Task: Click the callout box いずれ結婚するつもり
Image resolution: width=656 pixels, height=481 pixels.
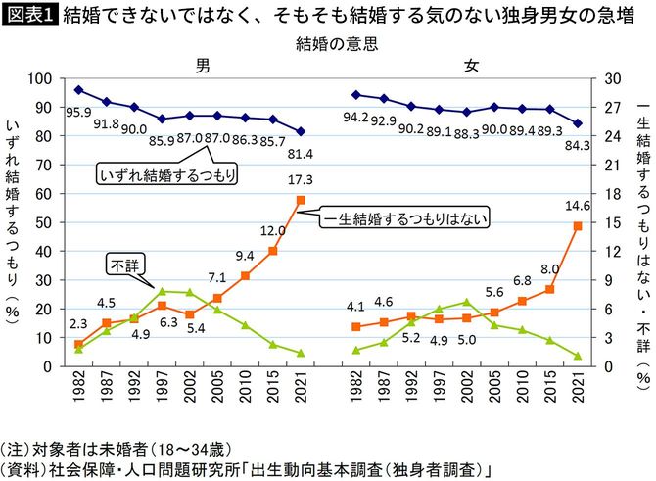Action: [170, 174]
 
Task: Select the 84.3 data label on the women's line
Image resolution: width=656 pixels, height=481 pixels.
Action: [578, 146]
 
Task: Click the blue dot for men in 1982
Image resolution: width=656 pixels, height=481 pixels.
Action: [78, 89]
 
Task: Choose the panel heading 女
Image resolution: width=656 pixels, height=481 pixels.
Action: [471, 65]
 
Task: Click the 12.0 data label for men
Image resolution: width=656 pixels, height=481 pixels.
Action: [271, 230]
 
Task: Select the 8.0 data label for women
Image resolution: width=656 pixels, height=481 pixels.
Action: [549, 268]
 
